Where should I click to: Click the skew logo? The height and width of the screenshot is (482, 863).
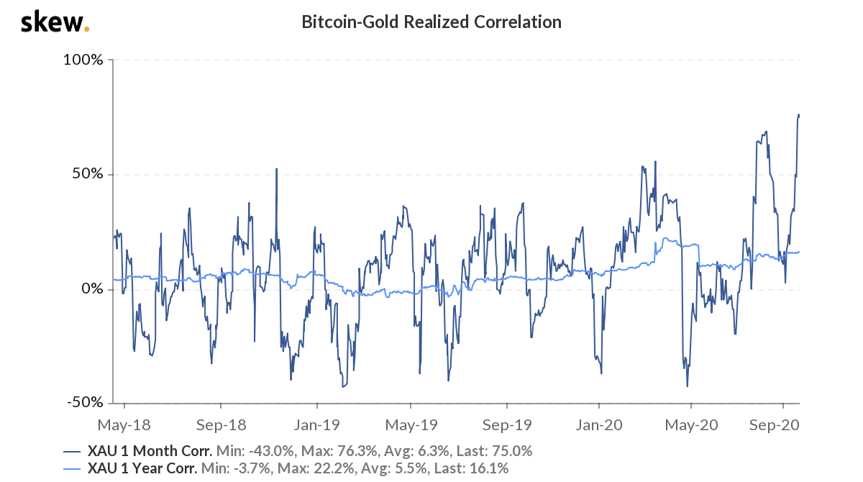point(55,22)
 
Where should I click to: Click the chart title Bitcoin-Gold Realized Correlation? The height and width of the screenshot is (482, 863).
point(431,22)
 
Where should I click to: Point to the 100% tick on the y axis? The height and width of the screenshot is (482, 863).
point(86,60)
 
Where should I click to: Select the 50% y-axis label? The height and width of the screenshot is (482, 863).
point(89,175)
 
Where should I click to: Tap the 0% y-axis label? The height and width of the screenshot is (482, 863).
point(93,289)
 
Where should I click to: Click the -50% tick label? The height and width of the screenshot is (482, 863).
point(87,403)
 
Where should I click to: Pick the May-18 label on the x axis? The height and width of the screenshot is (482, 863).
point(124,425)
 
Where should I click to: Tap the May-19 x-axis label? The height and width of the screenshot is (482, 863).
point(411,425)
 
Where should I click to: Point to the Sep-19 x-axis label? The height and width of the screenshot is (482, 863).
point(506,425)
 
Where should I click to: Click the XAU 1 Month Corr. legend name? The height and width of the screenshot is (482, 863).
point(150,452)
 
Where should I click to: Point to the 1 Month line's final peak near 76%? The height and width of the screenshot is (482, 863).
point(798,115)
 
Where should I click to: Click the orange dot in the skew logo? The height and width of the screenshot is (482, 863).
point(87,29)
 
